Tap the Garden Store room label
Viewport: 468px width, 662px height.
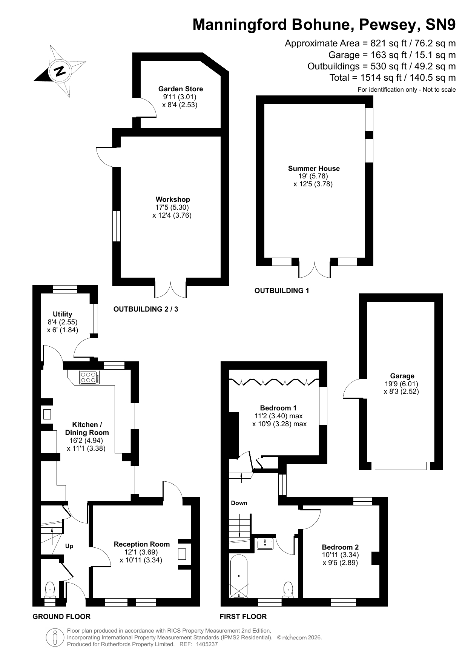[x=180, y=89]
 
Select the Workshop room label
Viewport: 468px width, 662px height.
[x=173, y=200]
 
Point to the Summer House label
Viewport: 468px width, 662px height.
[x=314, y=169]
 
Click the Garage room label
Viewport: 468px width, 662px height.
[x=402, y=376]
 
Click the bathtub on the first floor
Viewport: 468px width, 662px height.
[x=239, y=576]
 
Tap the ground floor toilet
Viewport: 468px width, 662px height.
[x=50, y=589]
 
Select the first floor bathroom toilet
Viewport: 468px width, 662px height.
[x=288, y=590]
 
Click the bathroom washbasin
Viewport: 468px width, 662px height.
[x=265, y=544]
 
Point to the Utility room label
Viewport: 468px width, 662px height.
[x=63, y=314]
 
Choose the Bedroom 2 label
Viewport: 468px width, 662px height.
[x=340, y=547]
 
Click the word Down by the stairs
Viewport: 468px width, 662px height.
[x=239, y=503]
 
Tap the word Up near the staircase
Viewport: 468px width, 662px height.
[x=69, y=546]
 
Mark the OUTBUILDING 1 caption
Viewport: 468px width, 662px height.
[x=282, y=291]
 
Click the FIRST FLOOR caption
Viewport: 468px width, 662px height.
[x=243, y=617]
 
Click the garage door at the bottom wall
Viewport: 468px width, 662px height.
[x=400, y=466]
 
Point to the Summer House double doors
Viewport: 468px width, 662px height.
[x=315, y=269]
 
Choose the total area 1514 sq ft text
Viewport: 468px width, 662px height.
[x=393, y=78]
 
